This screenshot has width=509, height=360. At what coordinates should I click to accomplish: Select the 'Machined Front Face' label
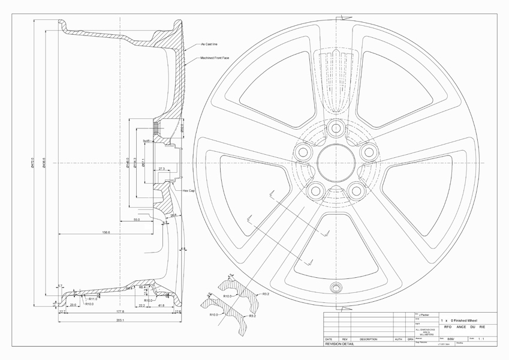pyautogui.click(x=215, y=58)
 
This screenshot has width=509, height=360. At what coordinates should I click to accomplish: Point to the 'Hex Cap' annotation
pyautogui.click(x=189, y=190)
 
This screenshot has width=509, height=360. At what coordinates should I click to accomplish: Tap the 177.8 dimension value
pyautogui.click(x=120, y=312)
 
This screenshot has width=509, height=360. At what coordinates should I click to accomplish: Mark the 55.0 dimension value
pyautogui.click(x=137, y=220)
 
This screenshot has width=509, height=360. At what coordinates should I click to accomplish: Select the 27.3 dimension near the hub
pyautogui.click(x=162, y=169)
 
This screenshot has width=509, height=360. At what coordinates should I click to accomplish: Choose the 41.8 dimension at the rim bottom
pyautogui.click(x=161, y=306)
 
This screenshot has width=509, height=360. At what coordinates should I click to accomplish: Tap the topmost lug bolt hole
pyautogui.click(x=335, y=128)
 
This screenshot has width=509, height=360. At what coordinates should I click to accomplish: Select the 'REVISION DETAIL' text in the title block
pyautogui.click(x=339, y=344)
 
